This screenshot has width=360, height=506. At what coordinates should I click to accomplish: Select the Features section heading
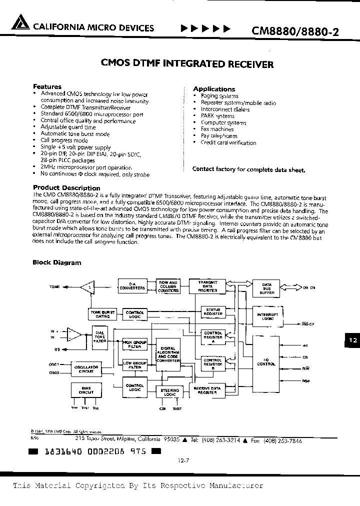point(47,86)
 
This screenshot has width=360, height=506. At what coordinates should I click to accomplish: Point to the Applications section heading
point(214,89)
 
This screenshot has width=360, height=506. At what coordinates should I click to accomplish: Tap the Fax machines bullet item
point(217,129)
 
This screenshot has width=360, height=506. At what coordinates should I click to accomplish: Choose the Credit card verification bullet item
point(228,142)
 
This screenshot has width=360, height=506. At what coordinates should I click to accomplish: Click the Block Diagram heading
point(56,262)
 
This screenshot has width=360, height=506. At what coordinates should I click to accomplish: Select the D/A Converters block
point(132,286)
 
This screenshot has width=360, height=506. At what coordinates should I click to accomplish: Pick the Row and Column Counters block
point(168,286)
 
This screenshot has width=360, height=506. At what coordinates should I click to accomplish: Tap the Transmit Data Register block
point(207,286)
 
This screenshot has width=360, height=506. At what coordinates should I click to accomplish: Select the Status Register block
point(213,312)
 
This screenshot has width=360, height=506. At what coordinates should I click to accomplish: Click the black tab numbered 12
point(352,340)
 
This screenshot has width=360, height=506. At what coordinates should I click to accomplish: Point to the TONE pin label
point(54,287)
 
